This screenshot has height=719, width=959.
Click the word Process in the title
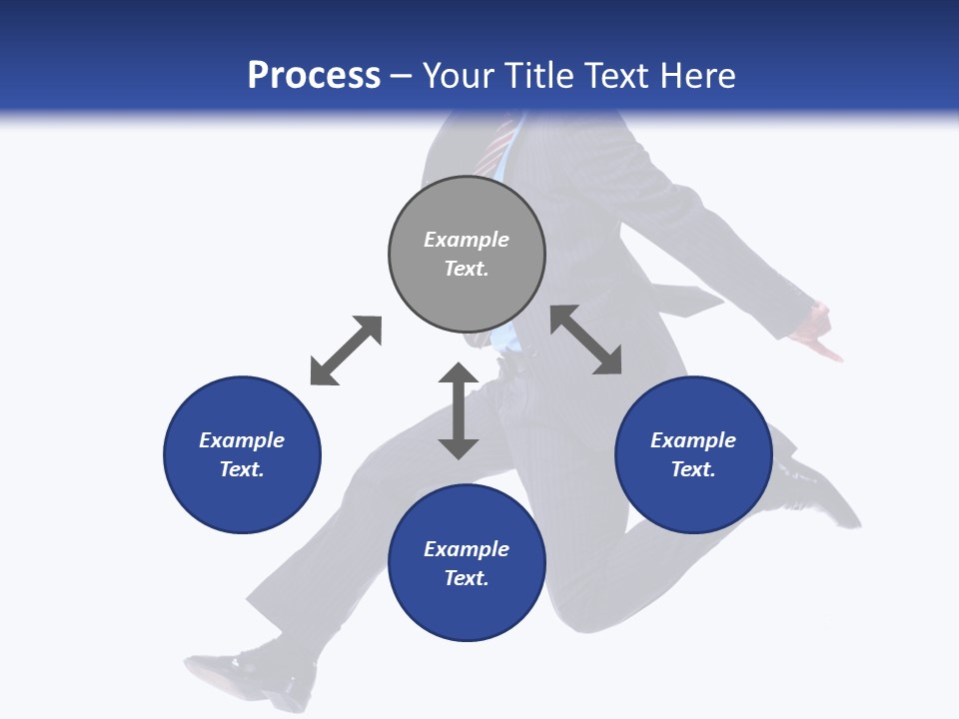click(x=314, y=76)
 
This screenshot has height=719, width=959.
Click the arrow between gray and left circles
click(x=346, y=351)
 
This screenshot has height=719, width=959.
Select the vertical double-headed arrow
click(x=459, y=410)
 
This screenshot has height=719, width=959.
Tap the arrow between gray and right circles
click(x=586, y=341)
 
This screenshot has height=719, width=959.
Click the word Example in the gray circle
click(x=467, y=240)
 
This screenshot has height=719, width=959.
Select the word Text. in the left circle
click(x=242, y=469)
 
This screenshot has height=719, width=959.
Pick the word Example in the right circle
click(x=693, y=440)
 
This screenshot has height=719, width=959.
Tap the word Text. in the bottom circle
click(x=467, y=578)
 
